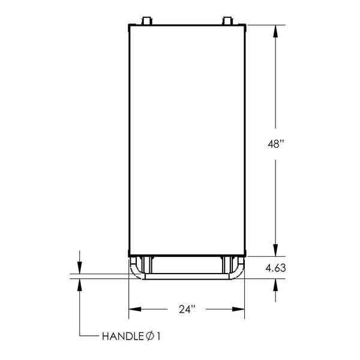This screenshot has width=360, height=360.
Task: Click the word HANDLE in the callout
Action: [x=120, y=336]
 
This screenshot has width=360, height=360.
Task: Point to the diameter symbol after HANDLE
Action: [x=149, y=336]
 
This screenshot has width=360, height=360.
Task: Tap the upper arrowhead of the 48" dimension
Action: [x=275, y=30]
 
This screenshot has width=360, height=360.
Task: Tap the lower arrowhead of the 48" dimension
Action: [x=275, y=251]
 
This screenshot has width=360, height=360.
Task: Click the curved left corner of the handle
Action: [x=135, y=271]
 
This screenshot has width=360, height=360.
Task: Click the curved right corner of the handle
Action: [x=239, y=271]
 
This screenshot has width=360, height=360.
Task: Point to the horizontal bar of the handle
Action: [x=187, y=277]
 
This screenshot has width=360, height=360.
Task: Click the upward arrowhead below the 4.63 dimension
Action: [x=275, y=286]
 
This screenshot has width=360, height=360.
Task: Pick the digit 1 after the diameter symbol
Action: [x=159, y=336]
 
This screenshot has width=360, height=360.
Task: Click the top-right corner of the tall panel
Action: [x=246, y=25]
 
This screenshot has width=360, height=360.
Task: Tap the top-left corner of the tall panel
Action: [x=129, y=25]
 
